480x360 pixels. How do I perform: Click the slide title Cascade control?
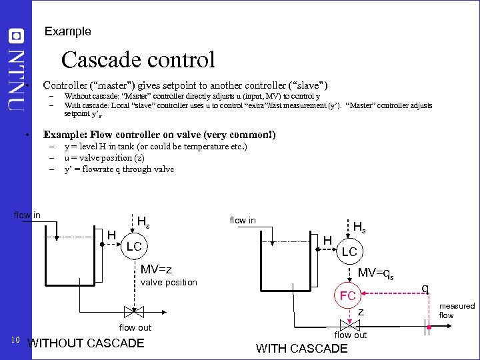point(138,60)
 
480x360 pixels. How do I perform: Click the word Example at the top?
point(67,31)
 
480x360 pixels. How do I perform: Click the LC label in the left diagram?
point(134,247)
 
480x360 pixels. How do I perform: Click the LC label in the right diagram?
point(349,252)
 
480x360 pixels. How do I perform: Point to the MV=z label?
point(156,269)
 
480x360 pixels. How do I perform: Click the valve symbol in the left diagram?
point(134,311)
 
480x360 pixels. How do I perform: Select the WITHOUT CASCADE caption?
point(85,343)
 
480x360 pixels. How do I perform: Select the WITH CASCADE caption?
point(301,349)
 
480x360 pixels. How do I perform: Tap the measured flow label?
point(457,311)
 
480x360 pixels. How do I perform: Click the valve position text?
point(169,282)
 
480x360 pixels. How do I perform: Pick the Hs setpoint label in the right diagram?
point(358,227)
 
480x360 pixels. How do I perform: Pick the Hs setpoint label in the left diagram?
point(143,222)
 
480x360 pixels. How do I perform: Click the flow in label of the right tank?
point(242,220)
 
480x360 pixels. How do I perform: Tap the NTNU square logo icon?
point(17,35)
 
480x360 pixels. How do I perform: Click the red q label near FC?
point(424,288)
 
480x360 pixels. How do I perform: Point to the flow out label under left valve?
point(135,327)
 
